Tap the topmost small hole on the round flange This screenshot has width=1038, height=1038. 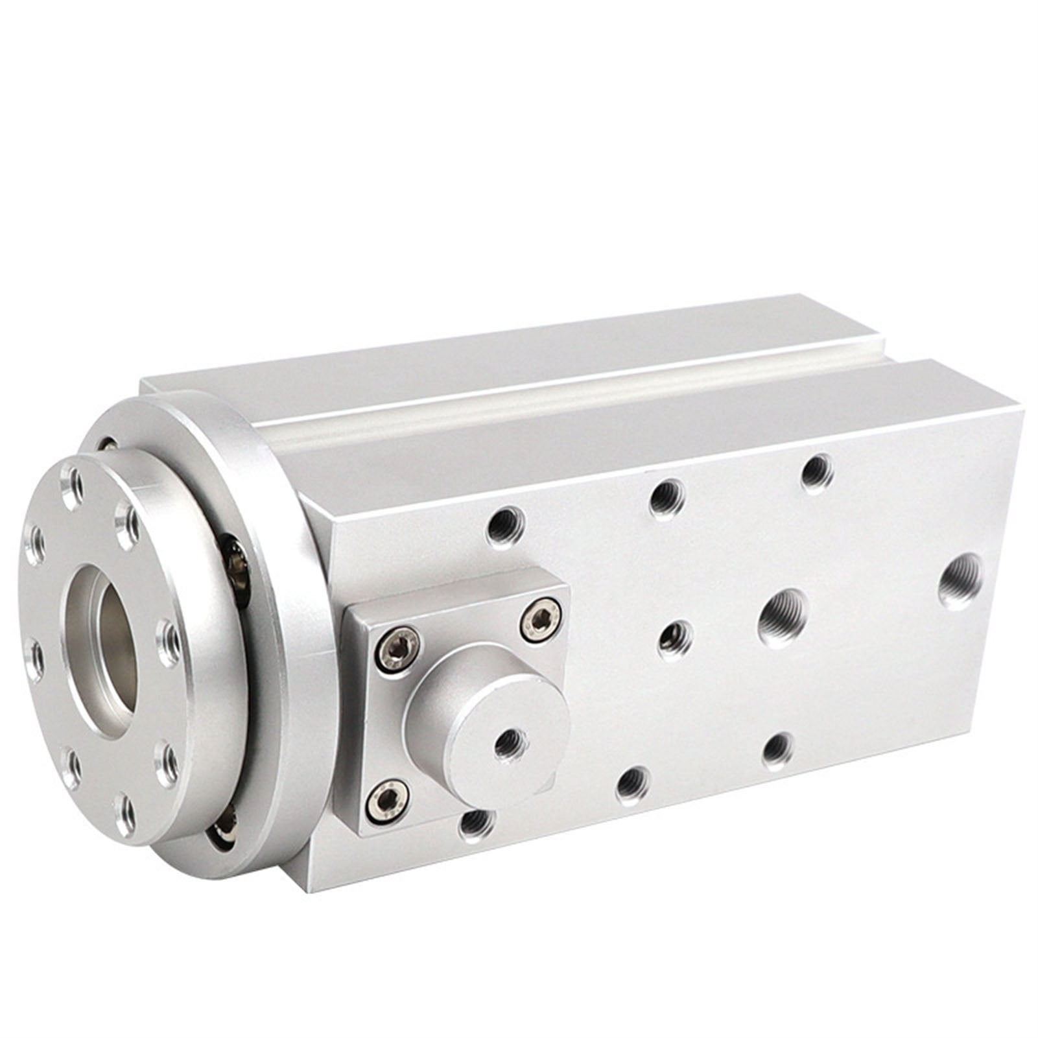[x=73, y=480]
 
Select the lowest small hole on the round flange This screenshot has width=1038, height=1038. [x=126, y=815]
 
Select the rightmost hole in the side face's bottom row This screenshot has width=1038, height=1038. [x=778, y=751]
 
